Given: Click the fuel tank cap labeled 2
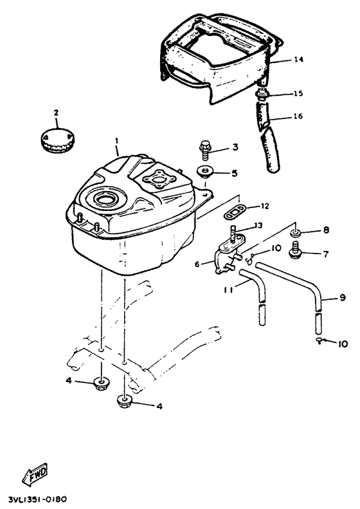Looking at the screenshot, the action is tap(57, 141).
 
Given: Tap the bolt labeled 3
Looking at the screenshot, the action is tap(205, 150).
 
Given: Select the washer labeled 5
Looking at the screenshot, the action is tap(205, 171).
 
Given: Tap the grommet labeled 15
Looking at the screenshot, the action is tap(261, 95).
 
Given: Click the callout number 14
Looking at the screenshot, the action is tap(298, 59).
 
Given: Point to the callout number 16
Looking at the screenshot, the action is tap(298, 116).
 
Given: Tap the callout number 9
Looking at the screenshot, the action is tap(343, 297).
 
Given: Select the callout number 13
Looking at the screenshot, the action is tap(258, 225).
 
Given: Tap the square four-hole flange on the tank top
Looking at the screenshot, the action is tap(159, 179).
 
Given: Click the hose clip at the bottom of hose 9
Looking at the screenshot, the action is tap(320, 340).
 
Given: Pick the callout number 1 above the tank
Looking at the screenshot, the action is tap(117, 141).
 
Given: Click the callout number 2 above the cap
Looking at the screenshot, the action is tap(56, 113).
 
